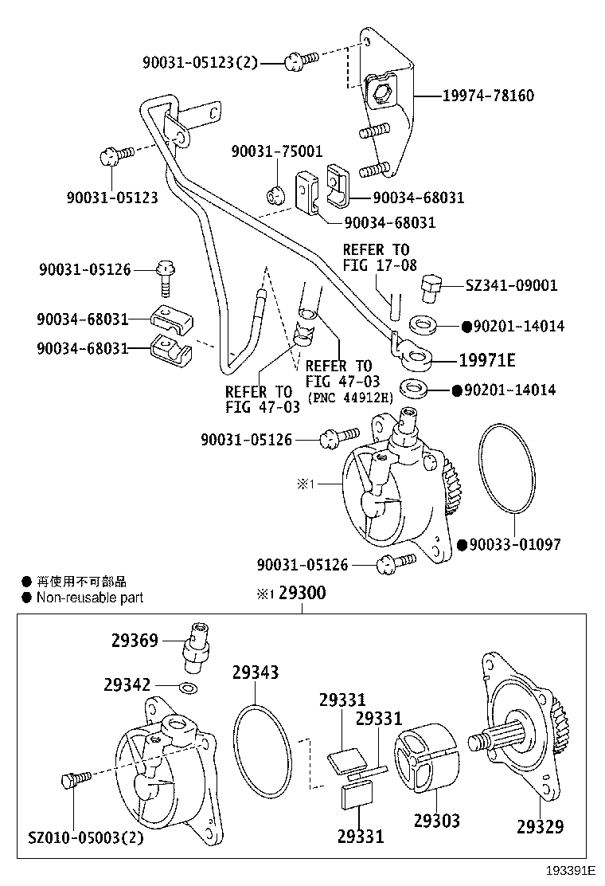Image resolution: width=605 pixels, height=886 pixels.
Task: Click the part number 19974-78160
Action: [x=488, y=96]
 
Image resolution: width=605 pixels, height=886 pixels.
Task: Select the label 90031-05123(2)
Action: [x=201, y=61]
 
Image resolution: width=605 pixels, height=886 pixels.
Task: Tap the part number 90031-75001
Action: [x=277, y=151]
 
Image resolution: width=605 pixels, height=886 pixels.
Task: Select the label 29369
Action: [x=135, y=640]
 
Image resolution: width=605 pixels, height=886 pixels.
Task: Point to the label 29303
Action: [x=436, y=820]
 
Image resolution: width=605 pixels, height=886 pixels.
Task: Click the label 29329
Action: [x=540, y=826]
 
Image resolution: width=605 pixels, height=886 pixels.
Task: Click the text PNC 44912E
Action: [x=349, y=397]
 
